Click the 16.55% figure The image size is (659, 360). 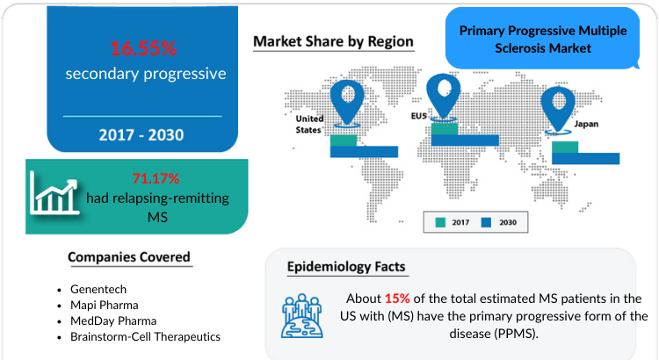tap(143, 48)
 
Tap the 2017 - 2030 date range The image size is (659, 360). tap(141, 135)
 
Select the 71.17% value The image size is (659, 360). tap(156, 178)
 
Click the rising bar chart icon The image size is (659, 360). tap(54, 194)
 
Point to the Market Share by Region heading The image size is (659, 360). tap(333, 41)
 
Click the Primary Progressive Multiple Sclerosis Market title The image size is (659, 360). tap(543, 40)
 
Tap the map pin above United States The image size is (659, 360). tap(347, 103)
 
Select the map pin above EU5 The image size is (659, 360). tap(444, 97)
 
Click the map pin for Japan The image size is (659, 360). tap(558, 110)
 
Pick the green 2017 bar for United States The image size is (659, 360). tap(344, 140)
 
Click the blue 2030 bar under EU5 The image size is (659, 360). tap(465, 140)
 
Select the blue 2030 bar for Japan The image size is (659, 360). tap(585, 158)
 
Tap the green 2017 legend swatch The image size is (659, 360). tap(440, 222)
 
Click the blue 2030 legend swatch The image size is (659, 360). tap(486, 222)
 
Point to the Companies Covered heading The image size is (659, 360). tap(129, 257)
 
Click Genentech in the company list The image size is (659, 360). tap(98, 289)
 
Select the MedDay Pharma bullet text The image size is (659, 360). tap(113, 321)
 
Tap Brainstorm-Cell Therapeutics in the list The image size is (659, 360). tap(145, 336)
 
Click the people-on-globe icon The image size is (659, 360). tap(301, 316)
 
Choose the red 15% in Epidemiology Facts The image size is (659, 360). tap(397, 299)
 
